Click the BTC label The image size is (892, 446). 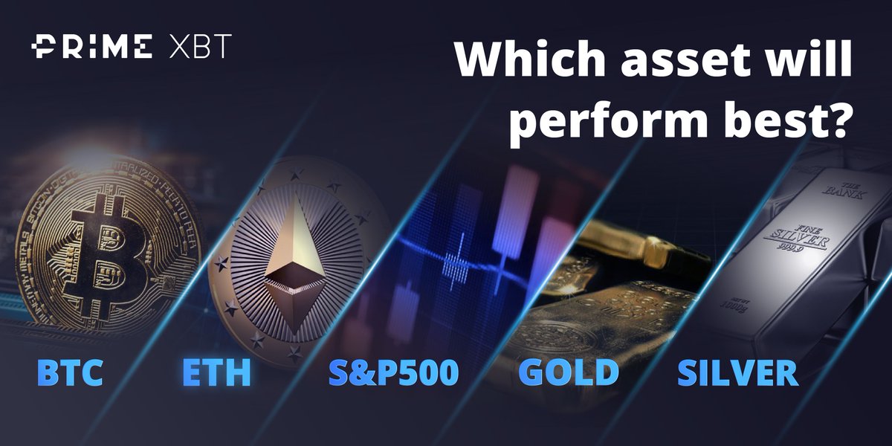(x=69, y=372)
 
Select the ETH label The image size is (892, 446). (x=216, y=372)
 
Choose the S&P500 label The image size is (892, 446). (x=393, y=372)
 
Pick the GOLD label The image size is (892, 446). (x=569, y=372)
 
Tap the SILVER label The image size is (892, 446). (x=737, y=372)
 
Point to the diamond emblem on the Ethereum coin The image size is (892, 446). (x=294, y=264)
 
